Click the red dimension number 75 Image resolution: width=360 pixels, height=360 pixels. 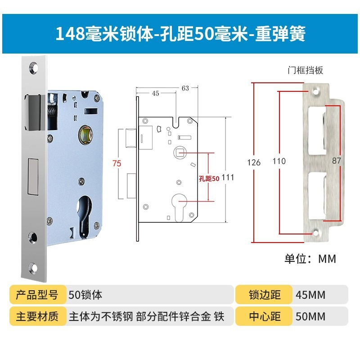tap(117, 164)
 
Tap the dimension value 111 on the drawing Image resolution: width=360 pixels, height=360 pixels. tap(228, 177)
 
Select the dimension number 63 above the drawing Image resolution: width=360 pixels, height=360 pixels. tap(185, 88)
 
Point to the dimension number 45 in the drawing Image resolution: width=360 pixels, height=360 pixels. tap(155, 94)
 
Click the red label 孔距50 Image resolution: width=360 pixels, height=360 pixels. tap(209, 178)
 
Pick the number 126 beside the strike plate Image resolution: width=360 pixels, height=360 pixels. tap(254, 162)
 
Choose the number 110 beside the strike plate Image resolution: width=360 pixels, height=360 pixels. tap(279, 161)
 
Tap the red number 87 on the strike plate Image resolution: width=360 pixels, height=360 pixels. tap(337, 161)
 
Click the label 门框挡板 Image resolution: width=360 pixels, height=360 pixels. tap(305, 70)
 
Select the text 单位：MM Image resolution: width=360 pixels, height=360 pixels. tap(310, 259)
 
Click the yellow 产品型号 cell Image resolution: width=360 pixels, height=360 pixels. tap(37, 295)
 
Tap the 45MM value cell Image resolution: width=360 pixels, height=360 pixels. tap(310, 295)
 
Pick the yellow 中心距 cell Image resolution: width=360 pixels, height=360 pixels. tap(265, 316)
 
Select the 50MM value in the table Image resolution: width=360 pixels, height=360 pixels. tap(310, 316)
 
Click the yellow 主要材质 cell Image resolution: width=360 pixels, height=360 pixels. tap(37, 316)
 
